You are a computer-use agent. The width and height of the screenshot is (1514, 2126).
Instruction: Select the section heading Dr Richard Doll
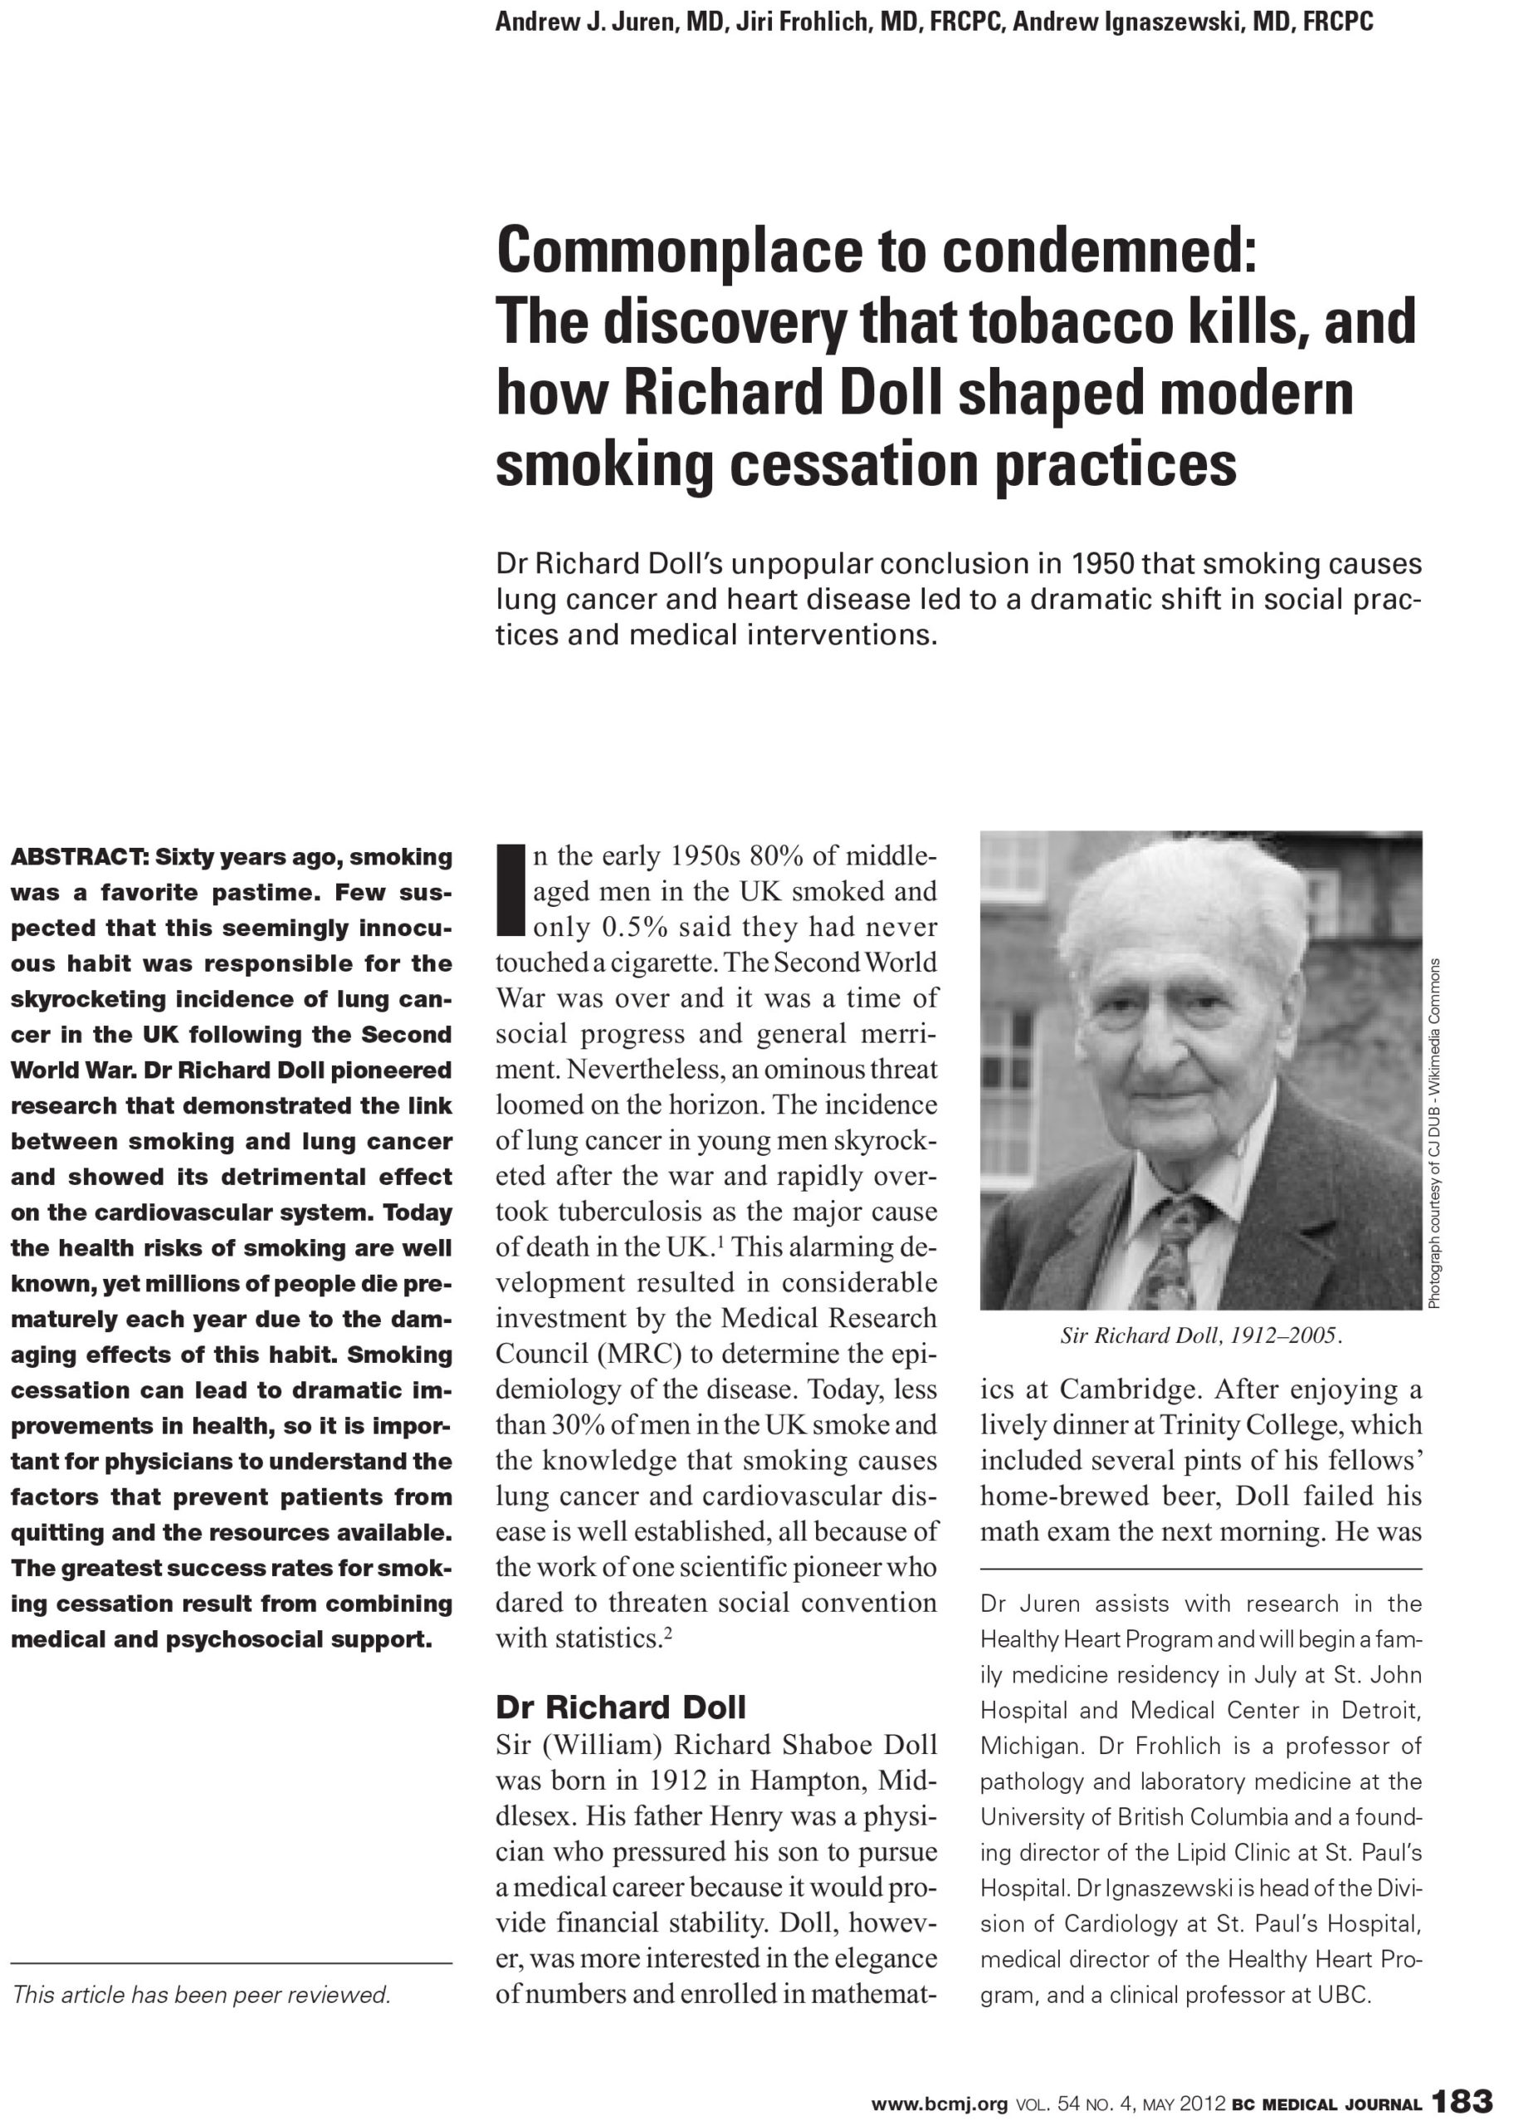pyautogui.click(x=621, y=1707)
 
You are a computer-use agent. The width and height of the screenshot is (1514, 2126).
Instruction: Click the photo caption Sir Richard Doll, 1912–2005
pyautogui.click(x=1201, y=1336)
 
